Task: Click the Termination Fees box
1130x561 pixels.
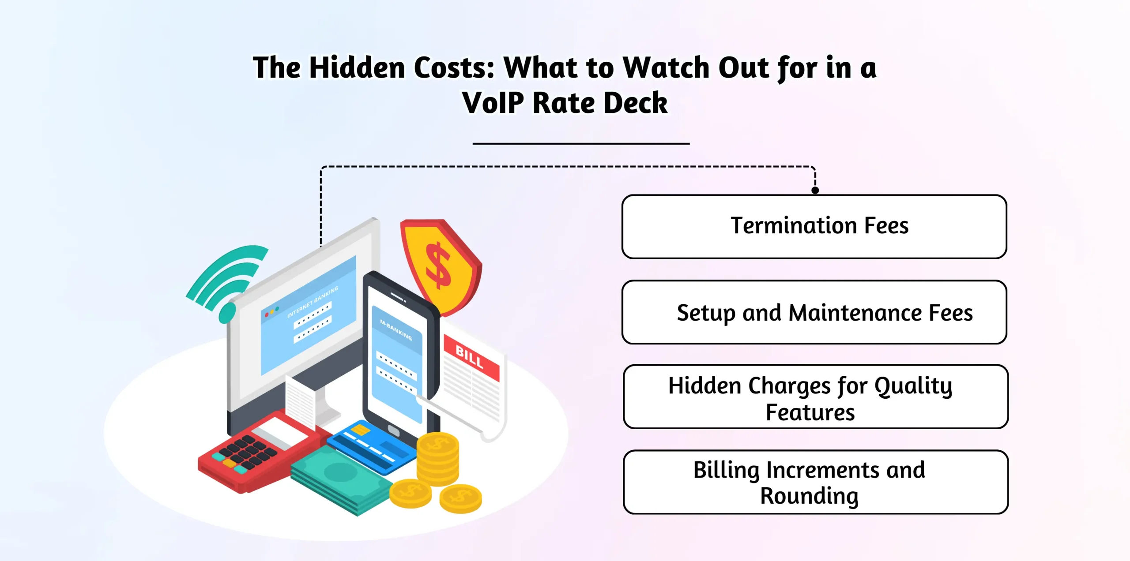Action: (814, 226)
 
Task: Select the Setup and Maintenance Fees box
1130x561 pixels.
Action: (814, 312)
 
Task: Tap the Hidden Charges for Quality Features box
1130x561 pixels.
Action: (815, 396)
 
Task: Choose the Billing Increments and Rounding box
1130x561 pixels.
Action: (815, 482)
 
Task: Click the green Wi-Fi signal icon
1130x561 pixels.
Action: (227, 280)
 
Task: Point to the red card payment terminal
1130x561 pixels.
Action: (256, 454)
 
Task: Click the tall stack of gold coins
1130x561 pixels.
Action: (438, 459)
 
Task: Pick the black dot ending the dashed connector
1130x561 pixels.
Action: (815, 191)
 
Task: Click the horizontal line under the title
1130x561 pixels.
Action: (581, 143)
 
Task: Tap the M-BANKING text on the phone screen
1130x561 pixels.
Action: (396, 330)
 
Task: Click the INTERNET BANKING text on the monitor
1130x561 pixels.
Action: (313, 302)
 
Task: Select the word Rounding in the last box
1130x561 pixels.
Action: (809, 496)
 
